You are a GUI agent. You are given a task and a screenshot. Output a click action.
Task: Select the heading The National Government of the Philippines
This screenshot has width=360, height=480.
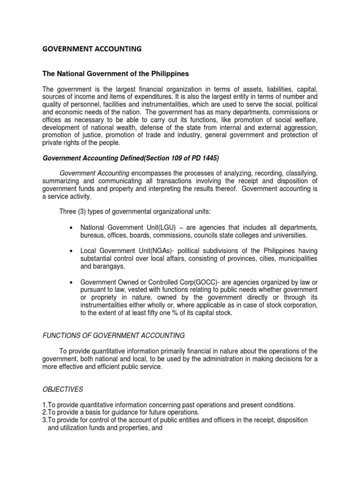click(x=116, y=74)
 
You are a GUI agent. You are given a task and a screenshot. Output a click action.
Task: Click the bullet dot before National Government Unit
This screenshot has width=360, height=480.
click(x=70, y=228)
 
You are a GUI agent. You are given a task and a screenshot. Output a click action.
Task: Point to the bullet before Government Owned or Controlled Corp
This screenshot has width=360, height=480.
click(x=70, y=283)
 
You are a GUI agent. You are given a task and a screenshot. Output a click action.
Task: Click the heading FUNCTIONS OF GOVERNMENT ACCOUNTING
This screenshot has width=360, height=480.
click(x=113, y=335)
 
